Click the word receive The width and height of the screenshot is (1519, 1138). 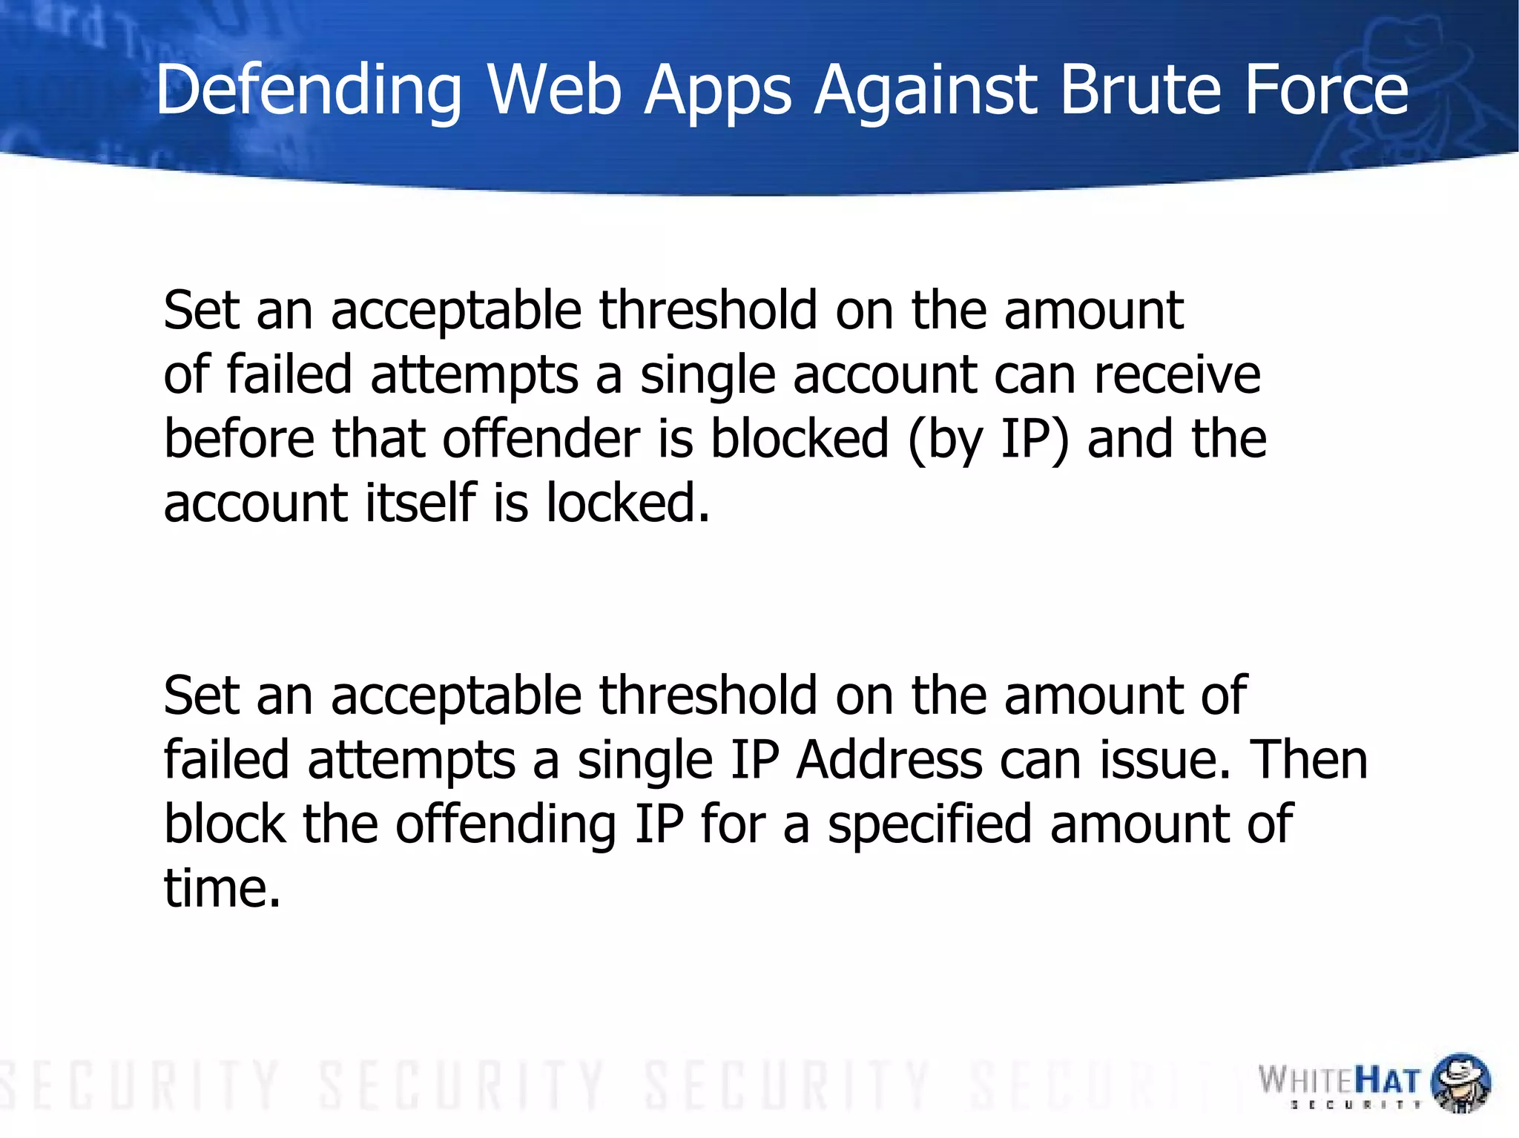point(1177,374)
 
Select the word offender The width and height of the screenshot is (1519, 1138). point(541,438)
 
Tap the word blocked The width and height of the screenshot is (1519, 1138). point(800,438)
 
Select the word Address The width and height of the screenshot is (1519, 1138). point(889,760)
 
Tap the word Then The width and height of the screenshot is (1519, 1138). point(1308,760)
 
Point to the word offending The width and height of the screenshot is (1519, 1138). point(505,825)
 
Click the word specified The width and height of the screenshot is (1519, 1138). point(929,825)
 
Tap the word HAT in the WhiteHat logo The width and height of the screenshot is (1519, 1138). point(1386,1081)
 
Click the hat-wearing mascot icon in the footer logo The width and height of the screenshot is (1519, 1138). point(1460,1082)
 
